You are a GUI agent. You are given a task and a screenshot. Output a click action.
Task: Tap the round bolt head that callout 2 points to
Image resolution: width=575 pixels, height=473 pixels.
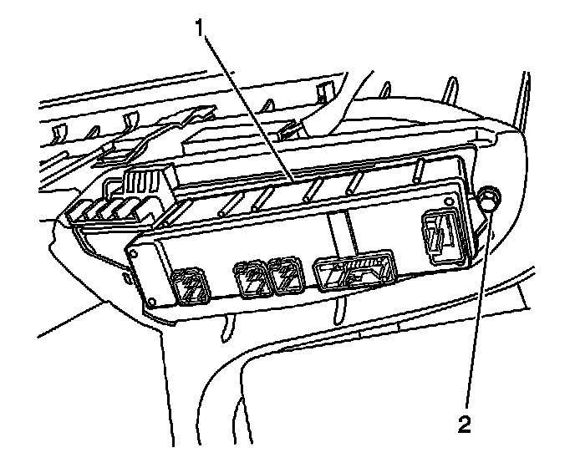pos(488,199)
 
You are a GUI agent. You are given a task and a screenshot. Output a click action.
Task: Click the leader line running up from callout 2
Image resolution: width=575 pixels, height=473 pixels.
pos(476,318)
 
